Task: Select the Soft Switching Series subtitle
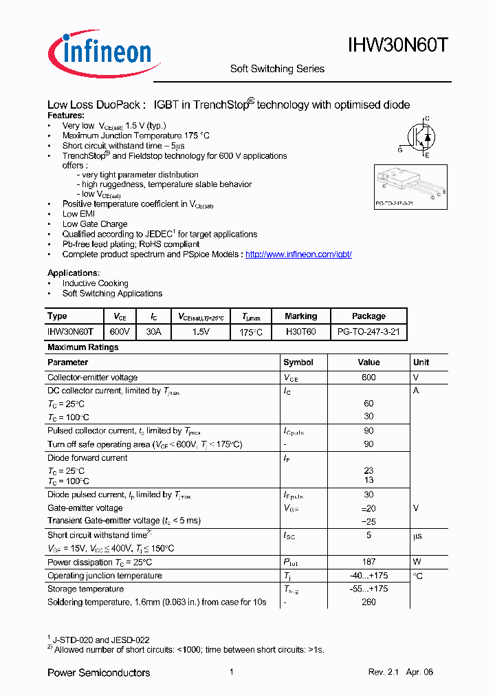click(276, 69)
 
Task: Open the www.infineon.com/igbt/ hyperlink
click(298, 254)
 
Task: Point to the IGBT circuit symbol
click(418, 137)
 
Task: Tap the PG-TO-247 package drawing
click(410, 186)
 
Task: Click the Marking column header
click(300, 316)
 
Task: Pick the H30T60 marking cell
click(300, 331)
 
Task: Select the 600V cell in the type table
click(120, 331)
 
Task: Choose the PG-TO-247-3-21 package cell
click(368, 331)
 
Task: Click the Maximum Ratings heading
click(83, 347)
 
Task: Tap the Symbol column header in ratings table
click(298, 362)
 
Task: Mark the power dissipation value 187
click(368, 563)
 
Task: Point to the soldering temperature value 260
click(368, 602)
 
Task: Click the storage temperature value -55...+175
click(368, 589)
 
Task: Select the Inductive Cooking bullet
click(95, 283)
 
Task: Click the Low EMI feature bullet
click(80, 214)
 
